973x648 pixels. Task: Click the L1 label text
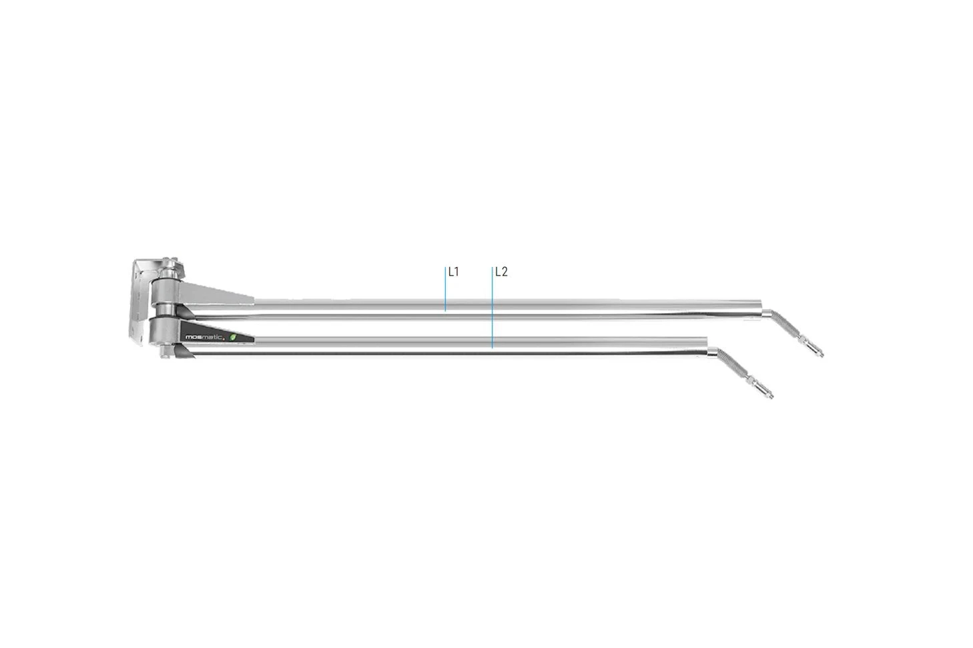point(454,272)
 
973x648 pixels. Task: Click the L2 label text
point(501,272)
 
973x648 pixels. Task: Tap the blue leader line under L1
point(445,290)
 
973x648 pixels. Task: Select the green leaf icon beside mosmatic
point(233,337)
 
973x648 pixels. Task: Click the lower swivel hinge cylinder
point(164,329)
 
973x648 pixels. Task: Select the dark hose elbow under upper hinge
point(186,312)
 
